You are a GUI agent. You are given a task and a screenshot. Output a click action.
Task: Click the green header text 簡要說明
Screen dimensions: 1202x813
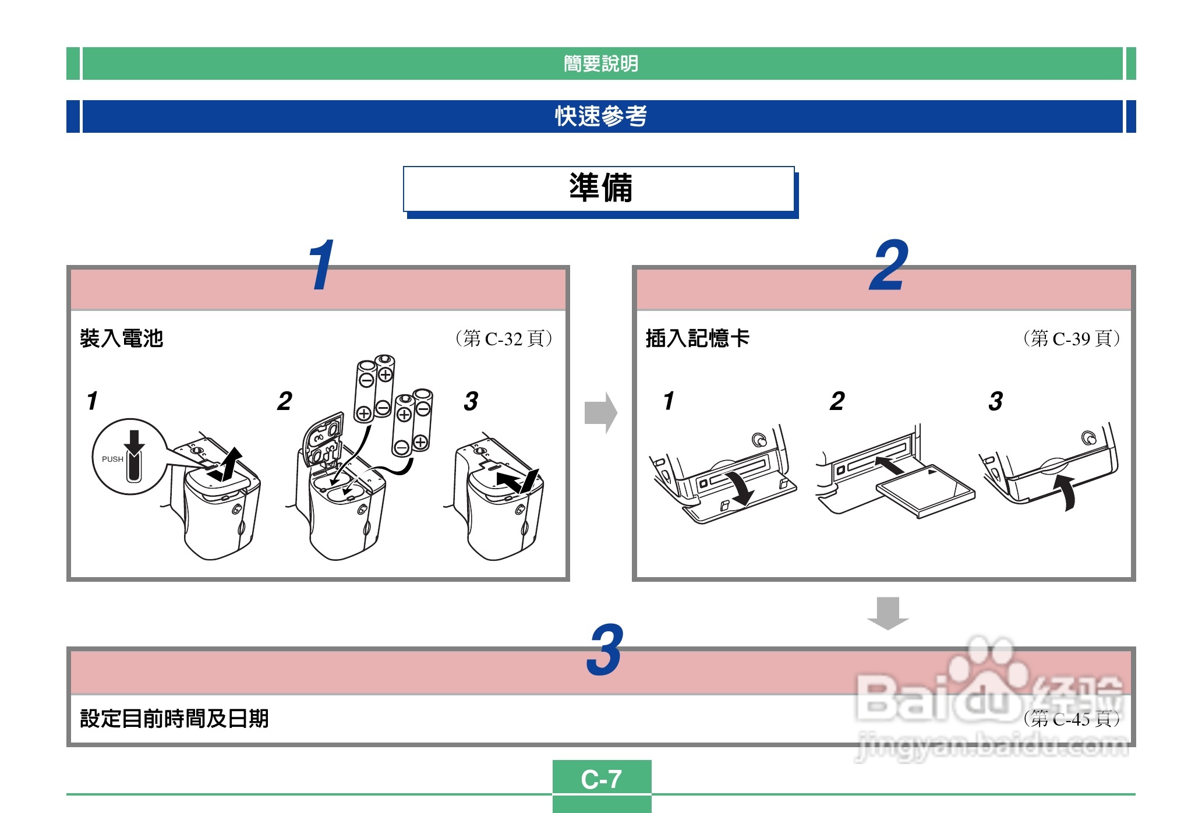click(x=601, y=63)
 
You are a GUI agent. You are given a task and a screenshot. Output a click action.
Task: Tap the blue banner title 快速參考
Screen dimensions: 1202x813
click(x=601, y=116)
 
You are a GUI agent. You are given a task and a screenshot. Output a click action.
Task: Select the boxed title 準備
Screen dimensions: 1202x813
click(x=601, y=188)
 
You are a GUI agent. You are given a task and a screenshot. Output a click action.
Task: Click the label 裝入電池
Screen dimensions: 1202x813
click(x=122, y=338)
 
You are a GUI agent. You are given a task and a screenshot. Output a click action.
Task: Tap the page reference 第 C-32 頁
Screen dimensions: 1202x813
click(x=504, y=338)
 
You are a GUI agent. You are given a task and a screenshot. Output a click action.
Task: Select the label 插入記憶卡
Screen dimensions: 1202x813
click(x=698, y=338)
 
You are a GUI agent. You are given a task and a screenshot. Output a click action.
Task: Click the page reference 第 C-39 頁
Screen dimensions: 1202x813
click(x=1072, y=338)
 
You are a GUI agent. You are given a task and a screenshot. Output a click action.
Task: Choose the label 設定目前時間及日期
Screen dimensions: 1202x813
click(x=174, y=719)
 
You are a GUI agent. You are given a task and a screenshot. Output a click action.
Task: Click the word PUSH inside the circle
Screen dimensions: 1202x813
click(x=112, y=459)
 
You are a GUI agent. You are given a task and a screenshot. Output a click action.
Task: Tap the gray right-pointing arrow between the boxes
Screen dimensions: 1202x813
click(x=600, y=413)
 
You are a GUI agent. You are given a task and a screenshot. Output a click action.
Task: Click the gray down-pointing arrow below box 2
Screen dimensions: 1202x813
click(x=888, y=613)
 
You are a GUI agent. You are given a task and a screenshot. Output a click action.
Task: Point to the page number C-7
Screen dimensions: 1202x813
click(x=602, y=779)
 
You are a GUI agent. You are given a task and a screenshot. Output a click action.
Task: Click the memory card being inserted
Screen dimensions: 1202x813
click(x=925, y=490)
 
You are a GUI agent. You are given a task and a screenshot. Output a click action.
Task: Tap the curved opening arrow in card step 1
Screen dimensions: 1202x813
click(x=740, y=488)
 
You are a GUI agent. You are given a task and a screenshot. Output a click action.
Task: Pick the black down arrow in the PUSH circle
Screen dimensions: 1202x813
click(x=135, y=443)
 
